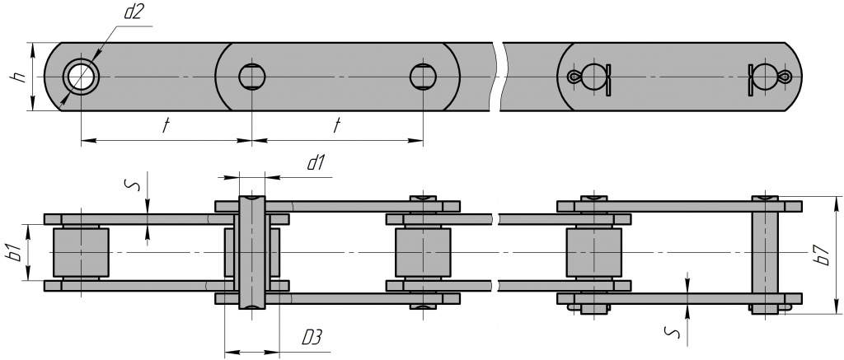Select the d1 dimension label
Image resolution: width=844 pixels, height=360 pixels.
pyautogui.click(x=314, y=163)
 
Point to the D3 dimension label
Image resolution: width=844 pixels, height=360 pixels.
pyautogui.click(x=312, y=338)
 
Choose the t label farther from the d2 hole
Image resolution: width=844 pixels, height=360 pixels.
pyautogui.click(x=336, y=126)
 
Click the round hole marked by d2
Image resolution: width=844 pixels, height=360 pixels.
pyautogui.click(x=81, y=77)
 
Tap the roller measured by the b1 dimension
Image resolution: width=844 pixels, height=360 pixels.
pyautogui.click(x=81, y=252)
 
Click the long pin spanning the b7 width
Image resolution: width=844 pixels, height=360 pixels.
pyautogui.click(x=766, y=252)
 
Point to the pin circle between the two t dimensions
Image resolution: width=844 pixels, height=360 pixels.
pyautogui.click(x=252, y=77)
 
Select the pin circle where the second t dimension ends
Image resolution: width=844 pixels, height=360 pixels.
pyautogui.click(x=423, y=77)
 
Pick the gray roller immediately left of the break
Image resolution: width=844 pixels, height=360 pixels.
pyautogui.click(x=423, y=252)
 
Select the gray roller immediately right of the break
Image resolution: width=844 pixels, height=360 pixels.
pyautogui.click(x=594, y=252)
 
